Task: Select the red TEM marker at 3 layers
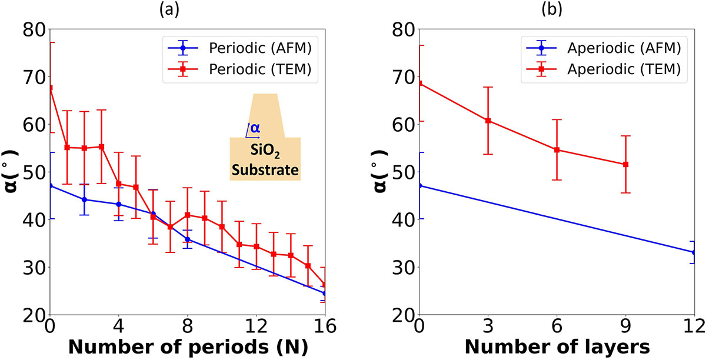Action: click(488, 121)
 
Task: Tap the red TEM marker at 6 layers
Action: click(557, 150)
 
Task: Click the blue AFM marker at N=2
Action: click(84, 199)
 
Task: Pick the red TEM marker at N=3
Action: click(101, 146)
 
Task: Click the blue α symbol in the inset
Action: click(254, 128)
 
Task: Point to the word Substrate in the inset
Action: click(265, 171)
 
